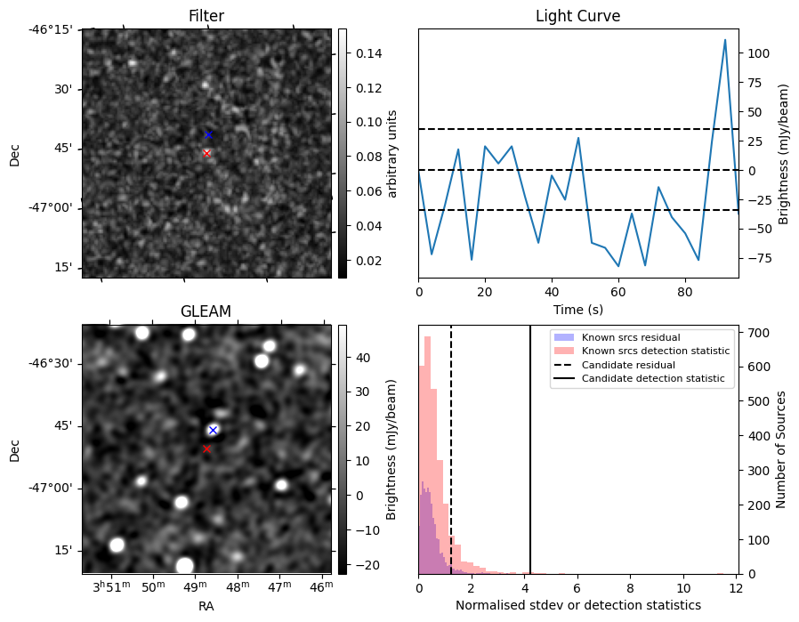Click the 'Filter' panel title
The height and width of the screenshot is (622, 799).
206,16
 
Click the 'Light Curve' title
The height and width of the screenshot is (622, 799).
577,16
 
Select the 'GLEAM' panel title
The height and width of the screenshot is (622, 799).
206,311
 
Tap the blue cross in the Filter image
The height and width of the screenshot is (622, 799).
208,134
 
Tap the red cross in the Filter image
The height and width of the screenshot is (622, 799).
206,153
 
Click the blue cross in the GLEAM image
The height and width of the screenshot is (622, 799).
213,430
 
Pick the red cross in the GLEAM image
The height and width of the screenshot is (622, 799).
206,449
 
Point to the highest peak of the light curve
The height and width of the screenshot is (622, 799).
725,40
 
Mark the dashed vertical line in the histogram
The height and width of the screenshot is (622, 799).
451,445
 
